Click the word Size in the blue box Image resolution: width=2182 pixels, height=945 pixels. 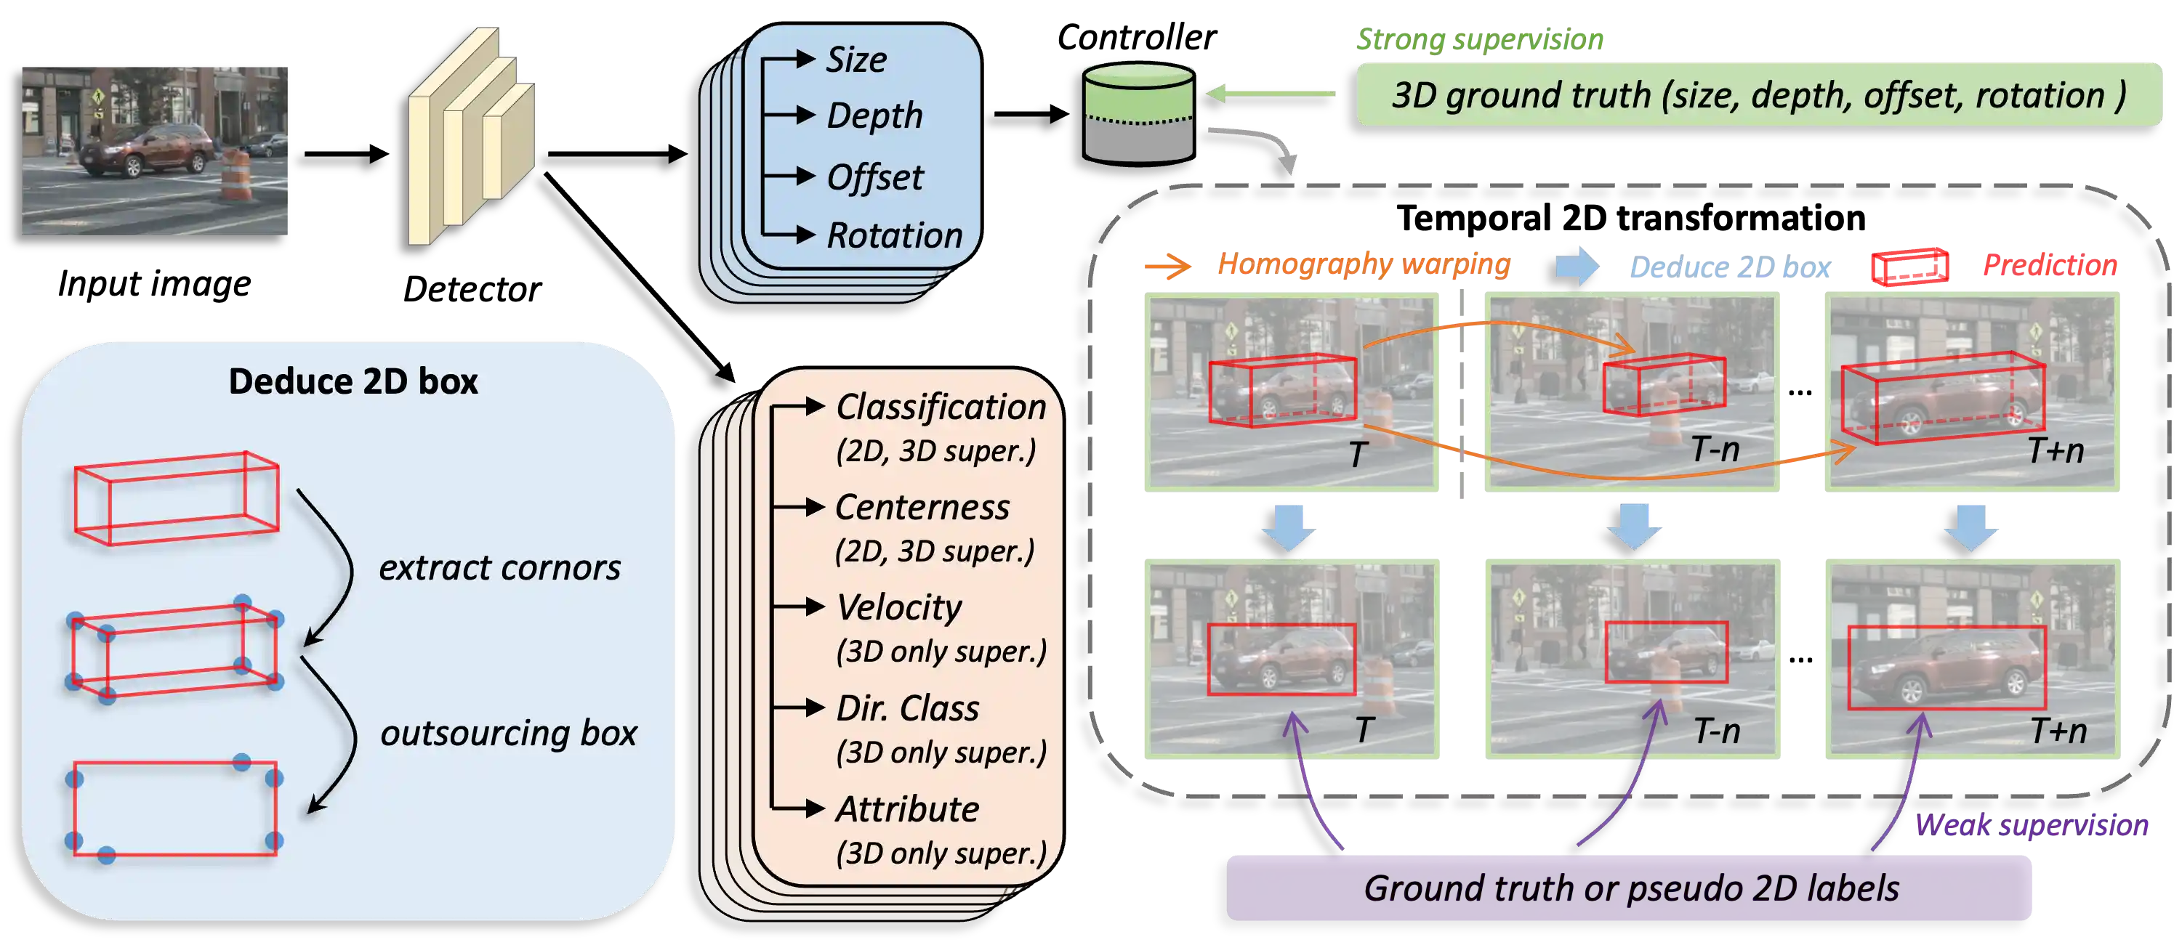(x=856, y=60)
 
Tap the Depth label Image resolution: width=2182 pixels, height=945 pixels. (x=874, y=116)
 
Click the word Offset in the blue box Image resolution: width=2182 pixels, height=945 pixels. (x=874, y=178)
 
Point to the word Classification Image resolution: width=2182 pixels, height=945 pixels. (x=941, y=407)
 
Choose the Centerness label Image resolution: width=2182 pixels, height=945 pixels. (x=922, y=507)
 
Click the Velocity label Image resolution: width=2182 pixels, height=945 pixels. (x=898, y=607)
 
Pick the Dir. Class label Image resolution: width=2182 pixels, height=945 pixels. (x=906, y=708)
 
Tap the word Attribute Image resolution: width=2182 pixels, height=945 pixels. (x=906, y=808)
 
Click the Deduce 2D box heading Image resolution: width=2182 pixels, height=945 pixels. (x=353, y=381)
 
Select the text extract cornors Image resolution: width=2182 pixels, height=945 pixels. (x=499, y=567)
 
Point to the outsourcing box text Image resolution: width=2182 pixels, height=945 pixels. (x=508, y=732)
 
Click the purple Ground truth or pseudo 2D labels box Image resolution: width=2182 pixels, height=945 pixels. (x=1630, y=888)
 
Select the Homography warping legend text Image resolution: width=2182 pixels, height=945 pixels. (x=1363, y=265)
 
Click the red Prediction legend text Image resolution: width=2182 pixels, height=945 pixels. (x=2050, y=265)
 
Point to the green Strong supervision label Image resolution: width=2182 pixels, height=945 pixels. (x=1479, y=39)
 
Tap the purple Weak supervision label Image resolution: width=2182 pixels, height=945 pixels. (x=2032, y=824)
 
